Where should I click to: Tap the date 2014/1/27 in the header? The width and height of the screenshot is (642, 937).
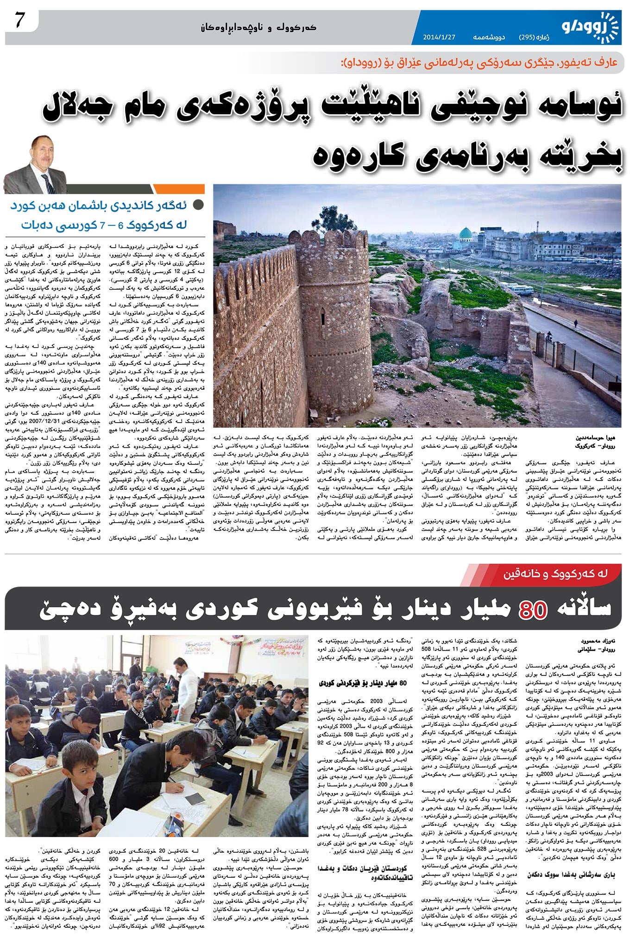coord(440,37)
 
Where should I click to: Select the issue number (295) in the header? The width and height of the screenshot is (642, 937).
coord(533,37)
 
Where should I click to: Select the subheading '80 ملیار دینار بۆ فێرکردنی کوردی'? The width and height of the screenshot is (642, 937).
coord(364,683)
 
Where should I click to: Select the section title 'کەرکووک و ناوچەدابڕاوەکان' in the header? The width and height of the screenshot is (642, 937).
coord(258,27)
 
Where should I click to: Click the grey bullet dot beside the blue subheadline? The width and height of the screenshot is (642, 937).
coord(198,205)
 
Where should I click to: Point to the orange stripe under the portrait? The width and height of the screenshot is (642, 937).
coord(178,189)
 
